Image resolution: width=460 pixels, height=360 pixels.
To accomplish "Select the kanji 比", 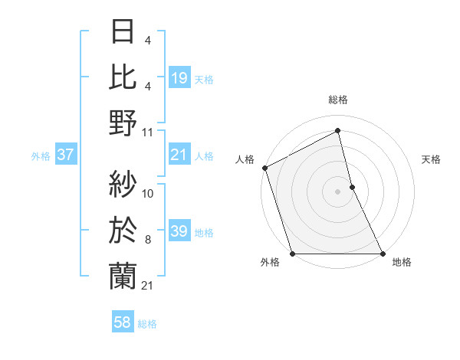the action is [x=123, y=77].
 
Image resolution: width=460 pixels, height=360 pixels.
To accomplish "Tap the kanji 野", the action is [x=123, y=123].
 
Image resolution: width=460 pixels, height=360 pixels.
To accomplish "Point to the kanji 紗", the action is [x=123, y=184].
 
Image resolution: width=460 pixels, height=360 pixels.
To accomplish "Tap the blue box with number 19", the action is [x=179, y=77].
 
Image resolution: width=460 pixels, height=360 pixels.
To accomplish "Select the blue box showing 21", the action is [x=179, y=155].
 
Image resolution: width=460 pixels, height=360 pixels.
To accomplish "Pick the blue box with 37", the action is [x=66, y=155].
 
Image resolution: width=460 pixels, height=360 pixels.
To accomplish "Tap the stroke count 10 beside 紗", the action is [x=148, y=194].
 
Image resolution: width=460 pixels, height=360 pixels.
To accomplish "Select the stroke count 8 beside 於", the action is [x=148, y=240].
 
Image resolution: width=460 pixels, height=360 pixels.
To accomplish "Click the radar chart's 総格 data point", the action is [x=337, y=130].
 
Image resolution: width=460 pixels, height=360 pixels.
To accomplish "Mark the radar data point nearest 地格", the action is [x=383, y=254].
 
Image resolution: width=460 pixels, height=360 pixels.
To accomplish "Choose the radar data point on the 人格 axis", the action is [x=264, y=168].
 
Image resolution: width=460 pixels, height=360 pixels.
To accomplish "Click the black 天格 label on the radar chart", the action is [x=431, y=159].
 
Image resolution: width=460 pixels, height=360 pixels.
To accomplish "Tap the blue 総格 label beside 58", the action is [x=147, y=324].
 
